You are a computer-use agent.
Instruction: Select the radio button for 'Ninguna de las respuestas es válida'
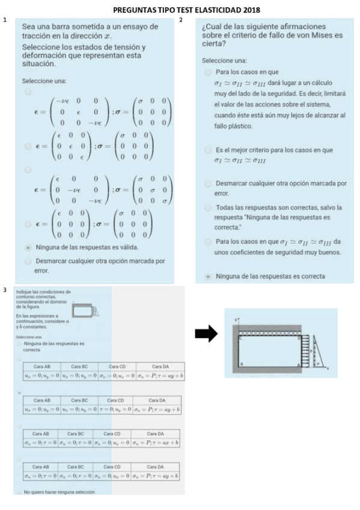tap(28, 247)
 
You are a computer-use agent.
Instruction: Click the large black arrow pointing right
tap(206, 335)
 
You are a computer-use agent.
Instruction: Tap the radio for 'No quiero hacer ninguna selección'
tap(19, 493)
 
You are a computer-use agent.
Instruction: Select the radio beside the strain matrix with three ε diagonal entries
tap(28, 146)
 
